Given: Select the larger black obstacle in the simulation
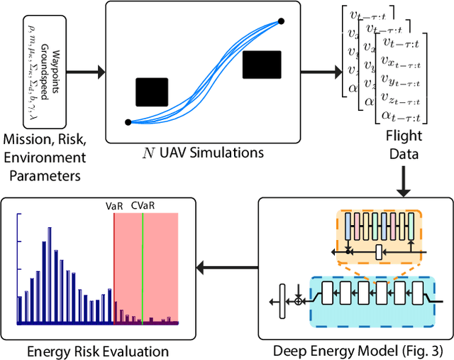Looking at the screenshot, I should pyautogui.click(x=262, y=65).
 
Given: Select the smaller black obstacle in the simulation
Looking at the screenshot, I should pyautogui.click(x=152, y=92).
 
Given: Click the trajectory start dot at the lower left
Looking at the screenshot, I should pyautogui.click(x=128, y=122).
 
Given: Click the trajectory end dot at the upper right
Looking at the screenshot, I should pyautogui.click(x=281, y=21).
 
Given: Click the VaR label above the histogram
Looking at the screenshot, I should pyautogui.click(x=115, y=205).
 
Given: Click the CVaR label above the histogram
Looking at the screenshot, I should pyautogui.click(x=144, y=205).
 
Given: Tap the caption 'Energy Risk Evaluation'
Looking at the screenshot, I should pyautogui.click(x=98, y=351).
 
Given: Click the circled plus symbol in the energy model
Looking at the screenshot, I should pyautogui.click(x=299, y=300).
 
